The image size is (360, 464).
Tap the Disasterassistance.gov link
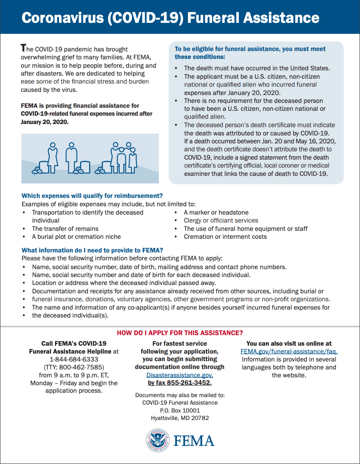[x=180, y=375]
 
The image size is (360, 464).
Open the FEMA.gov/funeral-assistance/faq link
[x=289, y=351]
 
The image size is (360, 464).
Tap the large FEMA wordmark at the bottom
[x=194, y=441]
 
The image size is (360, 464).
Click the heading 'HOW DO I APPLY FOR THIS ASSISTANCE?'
[x=180, y=333]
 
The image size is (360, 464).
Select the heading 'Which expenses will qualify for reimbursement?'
[x=92, y=196]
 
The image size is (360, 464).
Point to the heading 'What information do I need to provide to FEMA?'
[x=92, y=250]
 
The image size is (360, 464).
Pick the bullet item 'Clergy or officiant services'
[x=221, y=220]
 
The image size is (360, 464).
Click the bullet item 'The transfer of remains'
[x=65, y=229]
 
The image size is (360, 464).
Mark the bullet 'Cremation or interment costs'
[x=225, y=237]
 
